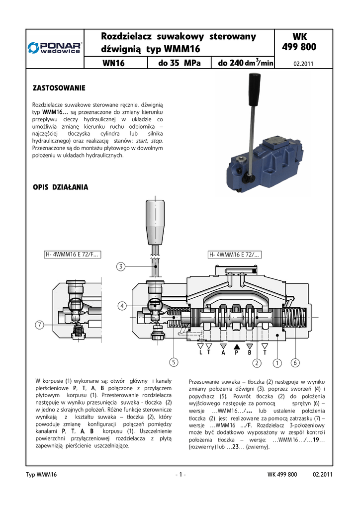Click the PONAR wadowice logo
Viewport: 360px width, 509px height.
[55, 48]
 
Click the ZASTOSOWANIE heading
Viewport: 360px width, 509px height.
[59, 88]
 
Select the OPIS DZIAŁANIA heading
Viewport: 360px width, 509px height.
[60, 187]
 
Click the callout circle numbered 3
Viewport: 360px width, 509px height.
[121, 267]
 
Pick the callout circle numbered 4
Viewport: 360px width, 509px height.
[121, 306]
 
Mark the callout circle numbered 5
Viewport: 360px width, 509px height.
[173, 362]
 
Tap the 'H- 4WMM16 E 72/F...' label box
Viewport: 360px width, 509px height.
[72, 255]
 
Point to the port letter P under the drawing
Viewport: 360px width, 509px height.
[237, 352]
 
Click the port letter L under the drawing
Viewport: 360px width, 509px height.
[200, 352]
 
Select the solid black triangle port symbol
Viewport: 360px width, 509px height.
[237, 345]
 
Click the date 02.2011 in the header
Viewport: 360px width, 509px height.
[303, 64]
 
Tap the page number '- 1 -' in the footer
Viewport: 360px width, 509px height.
[180, 475]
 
